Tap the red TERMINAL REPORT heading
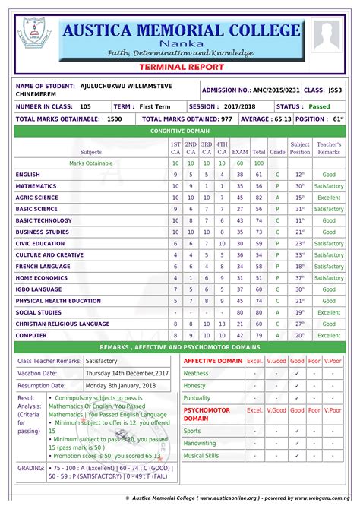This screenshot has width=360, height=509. coord(179,68)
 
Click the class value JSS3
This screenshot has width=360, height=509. coord(333,90)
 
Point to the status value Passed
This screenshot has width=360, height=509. coord(318,107)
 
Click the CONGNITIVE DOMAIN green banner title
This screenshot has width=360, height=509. coord(179,131)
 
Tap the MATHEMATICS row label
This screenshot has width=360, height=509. coord(36,186)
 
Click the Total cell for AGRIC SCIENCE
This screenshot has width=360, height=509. coord(259,198)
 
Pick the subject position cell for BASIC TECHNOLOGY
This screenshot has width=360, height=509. coord(300,220)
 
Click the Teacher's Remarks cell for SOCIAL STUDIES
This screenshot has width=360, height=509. coord(329,312)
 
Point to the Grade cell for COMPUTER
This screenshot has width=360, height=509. coord(277,335)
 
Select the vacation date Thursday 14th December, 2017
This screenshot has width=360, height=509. coord(127,374)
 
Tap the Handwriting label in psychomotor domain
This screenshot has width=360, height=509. coord(200,443)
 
